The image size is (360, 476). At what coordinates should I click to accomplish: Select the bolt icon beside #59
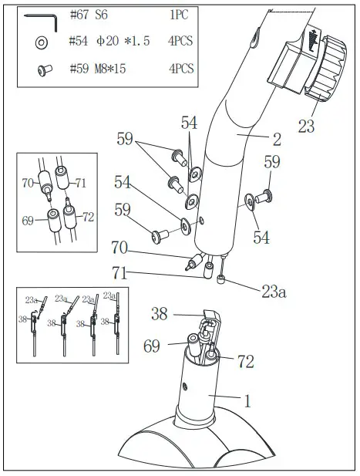pyautogui.click(x=42, y=71)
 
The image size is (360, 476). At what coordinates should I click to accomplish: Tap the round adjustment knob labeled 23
pyautogui.click(x=328, y=76)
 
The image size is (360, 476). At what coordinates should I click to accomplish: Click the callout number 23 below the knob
pyautogui.click(x=306, y=127)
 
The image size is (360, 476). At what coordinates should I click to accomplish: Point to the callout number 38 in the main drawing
pyautogui.click(x=160, y=314)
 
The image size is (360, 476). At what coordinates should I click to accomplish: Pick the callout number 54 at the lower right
pyautogui.click(x=261, y=238)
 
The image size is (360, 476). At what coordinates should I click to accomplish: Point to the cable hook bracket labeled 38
pyautogui.click(x=207, y=326)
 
